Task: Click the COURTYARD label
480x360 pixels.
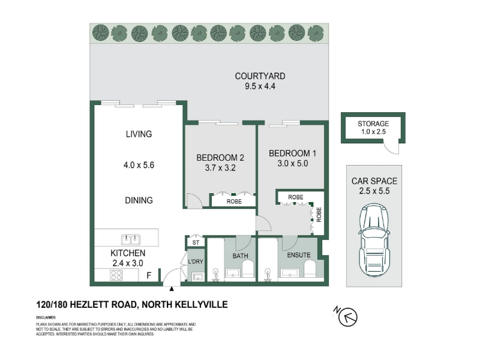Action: (x=260, y=76)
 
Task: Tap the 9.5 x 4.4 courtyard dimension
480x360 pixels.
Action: (x=260, y=86)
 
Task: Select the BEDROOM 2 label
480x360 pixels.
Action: (x=220, y=158)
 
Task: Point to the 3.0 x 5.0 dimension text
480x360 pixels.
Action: (x=293, y=163)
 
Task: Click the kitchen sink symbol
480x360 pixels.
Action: (x=131, y=239)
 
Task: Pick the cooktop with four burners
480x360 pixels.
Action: (x=116, y=275)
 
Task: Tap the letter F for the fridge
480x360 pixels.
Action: (x=149, y=275)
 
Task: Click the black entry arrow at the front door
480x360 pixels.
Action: (x=172, y=289)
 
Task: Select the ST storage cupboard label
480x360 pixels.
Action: (x=196, y=242)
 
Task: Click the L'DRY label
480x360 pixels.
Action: (x=196, y=262)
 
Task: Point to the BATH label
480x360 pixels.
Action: (x=241, y=256)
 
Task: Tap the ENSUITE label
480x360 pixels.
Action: (x=299, y=255)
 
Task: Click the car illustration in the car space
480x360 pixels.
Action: (x=374, y=240)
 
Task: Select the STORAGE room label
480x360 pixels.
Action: (x=373, y=124)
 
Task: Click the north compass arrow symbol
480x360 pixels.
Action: (x=348, y=317)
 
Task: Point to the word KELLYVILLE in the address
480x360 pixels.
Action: (x=201, y=305)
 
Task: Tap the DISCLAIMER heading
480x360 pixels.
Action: (x=46, y=317)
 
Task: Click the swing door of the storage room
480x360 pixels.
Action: (x=392, y=148)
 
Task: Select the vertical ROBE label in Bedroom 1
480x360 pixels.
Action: (x=319, y=215)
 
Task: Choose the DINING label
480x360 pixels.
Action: (x=139, y=200)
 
